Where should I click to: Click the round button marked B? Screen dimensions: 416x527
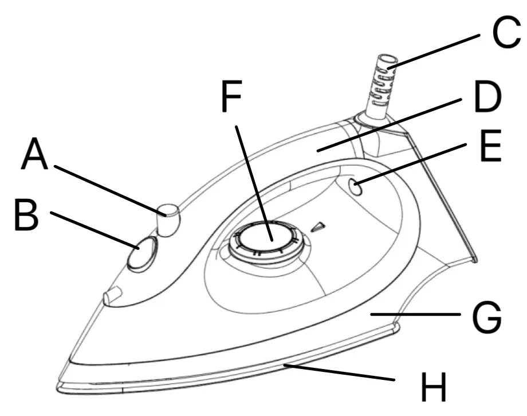[141, 253]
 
